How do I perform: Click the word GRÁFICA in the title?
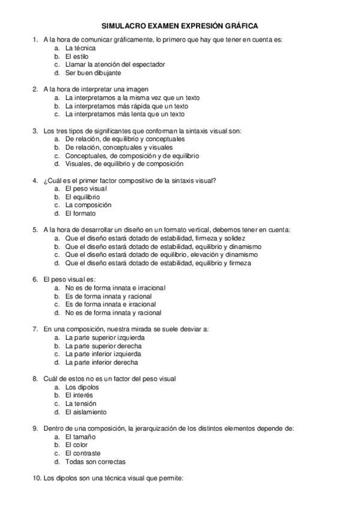(240, 26)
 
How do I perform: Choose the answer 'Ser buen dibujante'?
(93, 73)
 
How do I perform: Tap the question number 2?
(35, 89)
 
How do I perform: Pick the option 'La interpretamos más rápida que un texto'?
(126, 106)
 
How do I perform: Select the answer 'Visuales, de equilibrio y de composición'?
(124, 164)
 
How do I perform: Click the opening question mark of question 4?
(45, 180)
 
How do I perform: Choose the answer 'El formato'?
(80, 213)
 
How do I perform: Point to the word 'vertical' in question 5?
(211, 229)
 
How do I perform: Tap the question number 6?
(35, 279)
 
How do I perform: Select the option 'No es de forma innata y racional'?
(113, 312)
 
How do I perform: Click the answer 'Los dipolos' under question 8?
(82, 387)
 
